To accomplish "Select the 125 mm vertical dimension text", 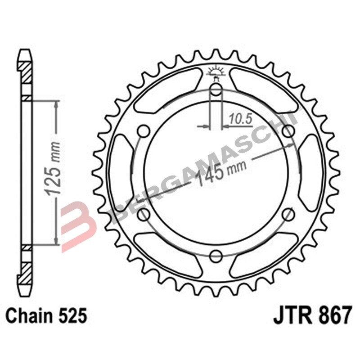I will (54, 172).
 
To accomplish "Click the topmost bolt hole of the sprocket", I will (216, 91).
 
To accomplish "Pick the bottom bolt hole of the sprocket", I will (216, 256).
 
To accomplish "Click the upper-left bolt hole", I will (144, 132).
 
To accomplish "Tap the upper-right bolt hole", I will (288, 132).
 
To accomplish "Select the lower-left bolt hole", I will (144, 215).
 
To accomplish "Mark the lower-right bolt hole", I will (288, 215).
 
